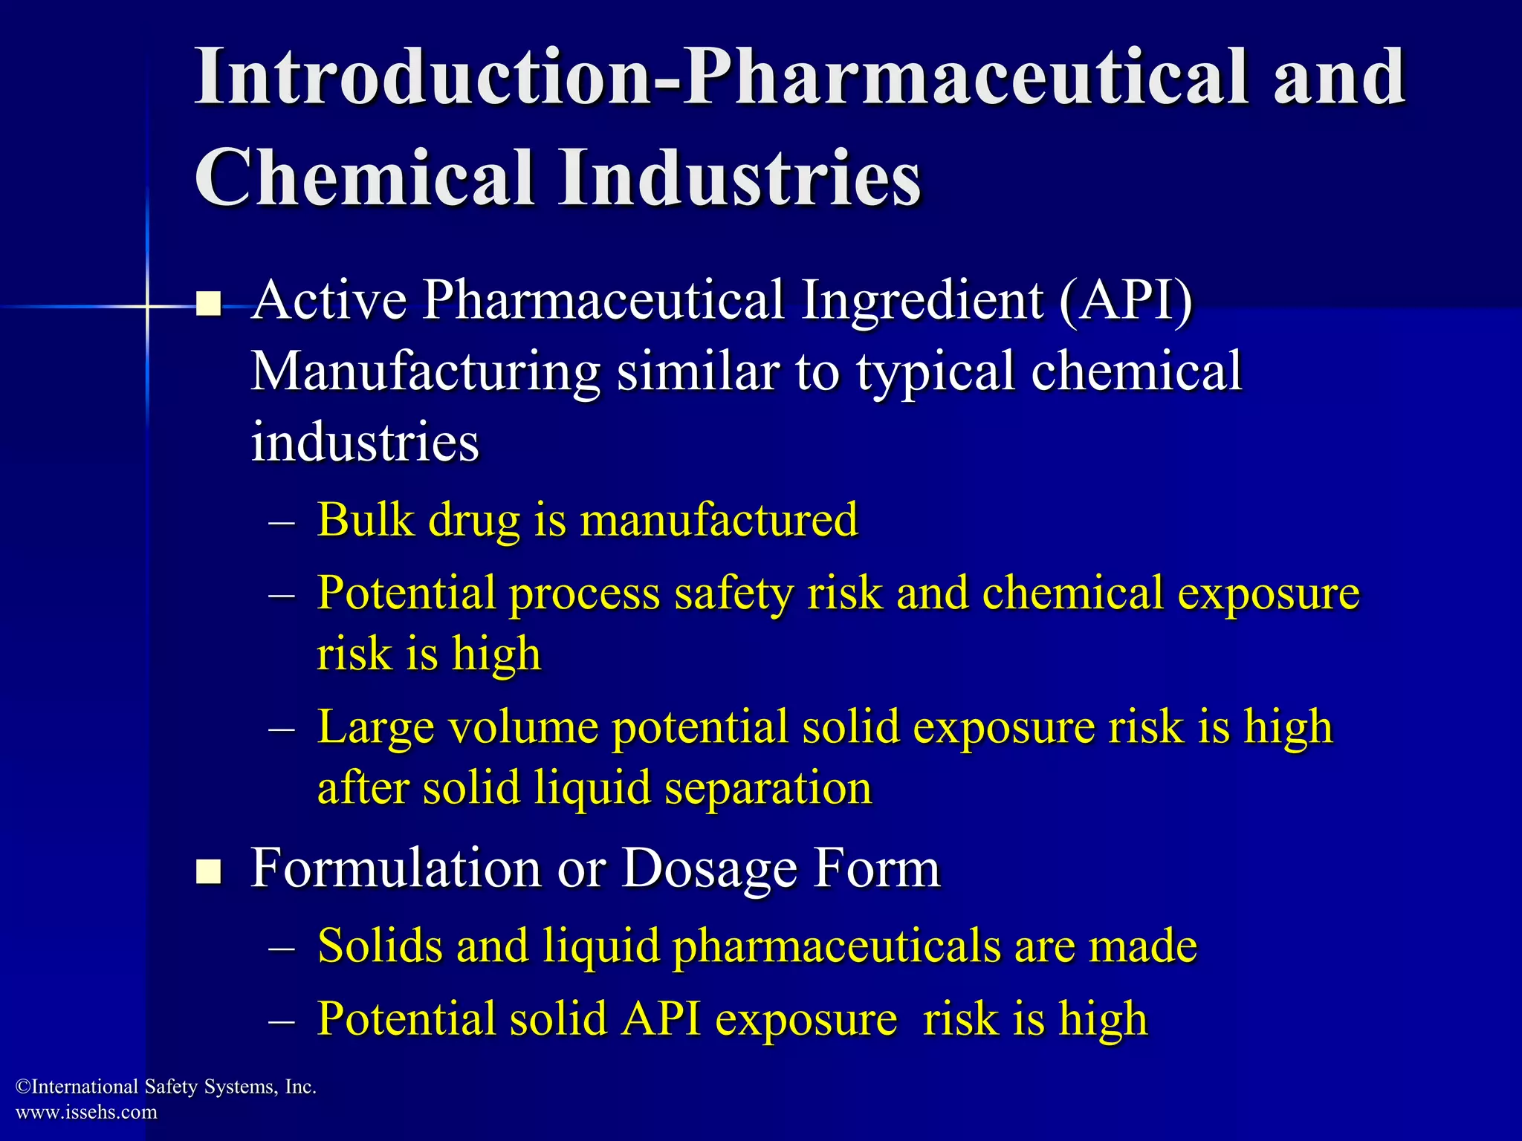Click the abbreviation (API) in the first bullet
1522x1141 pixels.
pyautogui.click(x=1125, y=300)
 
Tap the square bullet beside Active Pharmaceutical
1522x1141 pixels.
pyautogui.click(x=209, y=304)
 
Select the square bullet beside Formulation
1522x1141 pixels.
pyautogui.click(x=209, y=871)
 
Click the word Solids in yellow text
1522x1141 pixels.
pyautogui.click(x=380, y=946)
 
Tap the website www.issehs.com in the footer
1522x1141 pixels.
pyautogui.click(x=86, y=1112)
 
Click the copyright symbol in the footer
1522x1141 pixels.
pyautogui.click(x=23, y=1088)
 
